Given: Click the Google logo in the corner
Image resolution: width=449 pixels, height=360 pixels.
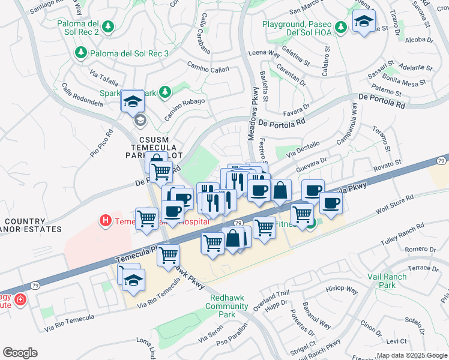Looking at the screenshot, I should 20,353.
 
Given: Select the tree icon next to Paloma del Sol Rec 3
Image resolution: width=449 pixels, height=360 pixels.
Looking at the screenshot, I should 81,53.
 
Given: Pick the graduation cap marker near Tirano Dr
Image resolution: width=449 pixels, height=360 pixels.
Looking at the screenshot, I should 364,22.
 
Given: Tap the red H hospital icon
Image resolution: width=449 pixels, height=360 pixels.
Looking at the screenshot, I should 105,221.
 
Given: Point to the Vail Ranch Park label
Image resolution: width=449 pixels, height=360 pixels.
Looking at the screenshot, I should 387,281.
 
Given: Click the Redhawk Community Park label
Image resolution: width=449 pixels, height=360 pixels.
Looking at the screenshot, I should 227,302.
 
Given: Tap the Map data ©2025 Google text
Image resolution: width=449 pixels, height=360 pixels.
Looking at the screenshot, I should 411,355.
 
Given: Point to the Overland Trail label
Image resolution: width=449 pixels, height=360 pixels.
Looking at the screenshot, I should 271,299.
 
